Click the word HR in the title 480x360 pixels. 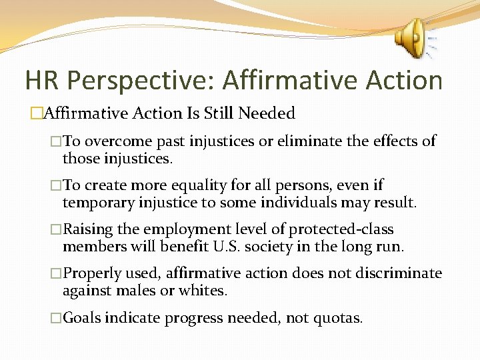41,81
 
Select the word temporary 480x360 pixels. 95,202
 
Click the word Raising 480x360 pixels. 87,229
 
